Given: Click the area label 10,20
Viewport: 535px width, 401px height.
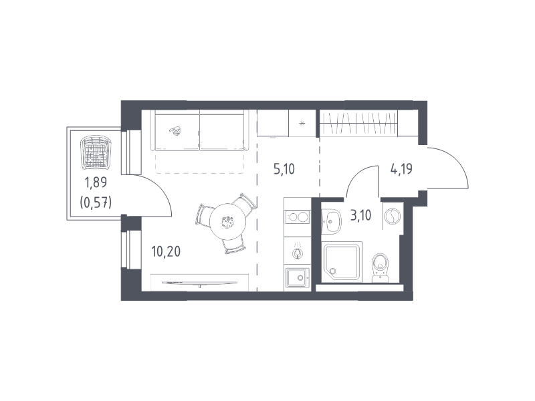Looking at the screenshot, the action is [x=166, y=252].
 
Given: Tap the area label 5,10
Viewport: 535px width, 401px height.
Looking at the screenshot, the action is [x=284, y=169].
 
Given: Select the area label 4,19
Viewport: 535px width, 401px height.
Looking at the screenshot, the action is [x=402, y=169].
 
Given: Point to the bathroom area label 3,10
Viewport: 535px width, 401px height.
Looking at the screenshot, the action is [x=361, y=215].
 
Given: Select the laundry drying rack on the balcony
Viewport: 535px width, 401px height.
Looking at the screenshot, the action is [x=96, y=152].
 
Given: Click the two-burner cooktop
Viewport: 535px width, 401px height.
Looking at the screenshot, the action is [x=297, y=217].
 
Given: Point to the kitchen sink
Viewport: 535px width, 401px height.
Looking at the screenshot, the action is [x=298, y=278].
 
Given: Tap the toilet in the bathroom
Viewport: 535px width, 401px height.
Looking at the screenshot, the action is [x=380, y=268].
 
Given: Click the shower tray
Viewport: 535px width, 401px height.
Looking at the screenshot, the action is [x=342, y=262].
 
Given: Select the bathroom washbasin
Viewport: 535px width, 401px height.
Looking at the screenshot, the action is [x=331, y=221].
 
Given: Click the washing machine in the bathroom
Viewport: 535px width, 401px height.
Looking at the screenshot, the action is [x=393, y=216].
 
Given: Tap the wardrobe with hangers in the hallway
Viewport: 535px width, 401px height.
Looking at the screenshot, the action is [x=358, y=123].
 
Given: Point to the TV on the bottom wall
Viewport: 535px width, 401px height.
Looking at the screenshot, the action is [x=199, y=283].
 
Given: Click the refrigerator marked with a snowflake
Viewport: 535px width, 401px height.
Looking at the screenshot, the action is [x=302, y=123].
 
